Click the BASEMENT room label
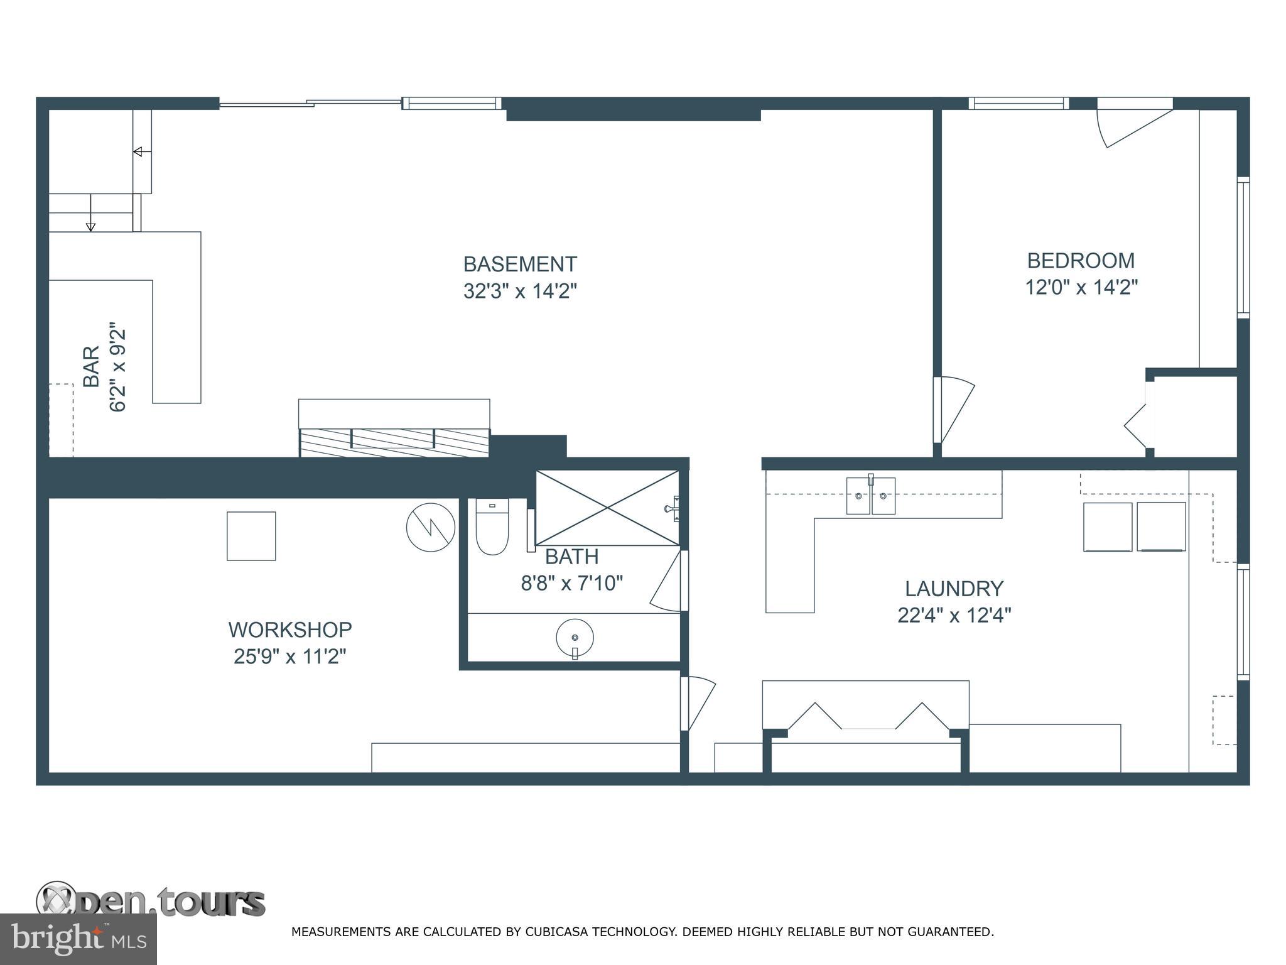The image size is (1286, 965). click(x=520, y=264)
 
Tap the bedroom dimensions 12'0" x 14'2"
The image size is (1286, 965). click(x=1081, y=288)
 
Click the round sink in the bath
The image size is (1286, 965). click(x=575, y=638)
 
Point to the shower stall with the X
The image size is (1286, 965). click(x=607, y=508)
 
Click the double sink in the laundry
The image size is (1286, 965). click(x=870, y=496)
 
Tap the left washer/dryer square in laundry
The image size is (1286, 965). click(x=1108, y=526)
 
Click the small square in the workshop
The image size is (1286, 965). click(x=251, y=536)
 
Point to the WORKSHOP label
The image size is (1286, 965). click(x=289, y=629)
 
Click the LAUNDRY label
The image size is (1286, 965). click(x=954, y=589)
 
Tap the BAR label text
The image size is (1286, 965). click(x=92, y=367)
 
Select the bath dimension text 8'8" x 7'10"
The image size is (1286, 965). click(x=571, y=584)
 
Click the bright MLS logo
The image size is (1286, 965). click(x=78, y=939)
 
